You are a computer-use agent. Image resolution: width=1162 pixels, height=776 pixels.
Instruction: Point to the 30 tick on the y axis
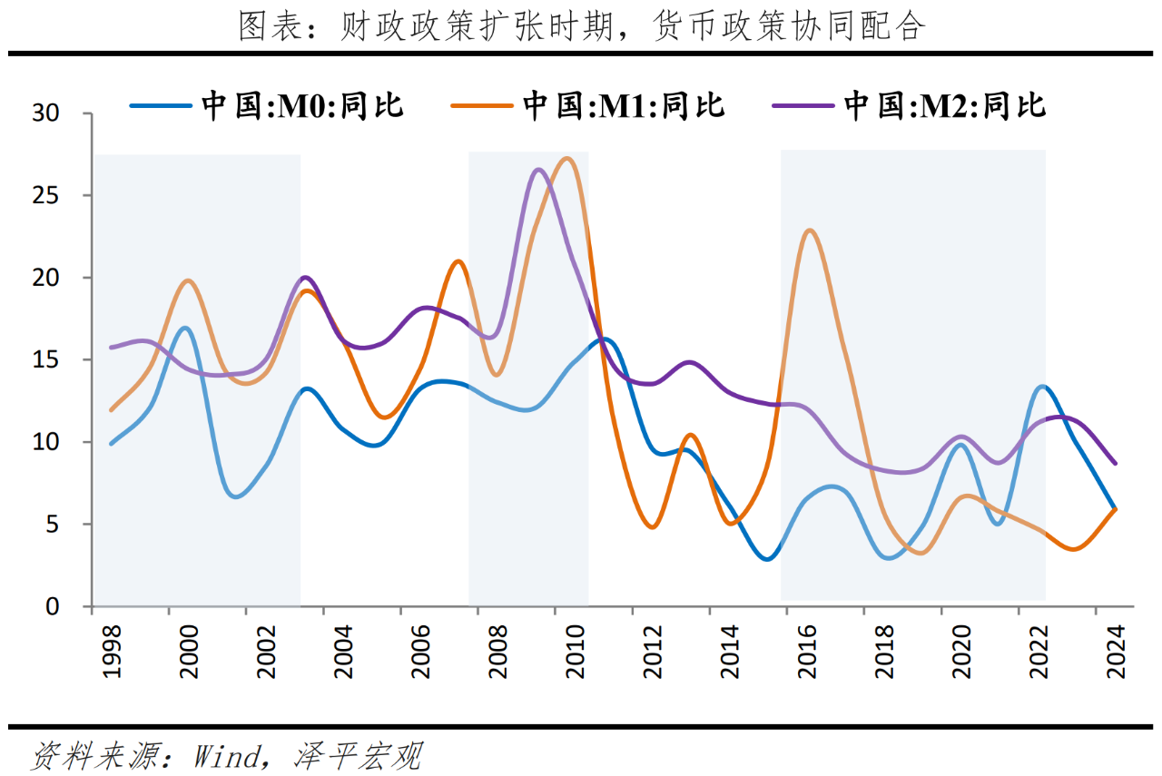(x=46, y=113)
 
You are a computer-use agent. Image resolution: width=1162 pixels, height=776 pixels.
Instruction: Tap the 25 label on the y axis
(x=46, y=196)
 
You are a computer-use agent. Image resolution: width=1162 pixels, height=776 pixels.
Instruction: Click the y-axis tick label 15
(x=46, y=360)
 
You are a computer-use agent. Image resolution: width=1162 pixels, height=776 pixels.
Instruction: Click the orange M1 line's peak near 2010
(x=567, y=159)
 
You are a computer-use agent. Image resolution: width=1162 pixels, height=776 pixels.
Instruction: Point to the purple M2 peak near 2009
(x=537, y=169)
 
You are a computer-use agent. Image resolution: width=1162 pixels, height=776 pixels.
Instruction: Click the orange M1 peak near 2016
(x=810, y=231)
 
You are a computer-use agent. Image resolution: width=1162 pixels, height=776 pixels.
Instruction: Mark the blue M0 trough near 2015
(x=768, y=559)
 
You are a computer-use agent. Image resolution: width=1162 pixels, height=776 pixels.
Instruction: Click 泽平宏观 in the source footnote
(x=359, y=755)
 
